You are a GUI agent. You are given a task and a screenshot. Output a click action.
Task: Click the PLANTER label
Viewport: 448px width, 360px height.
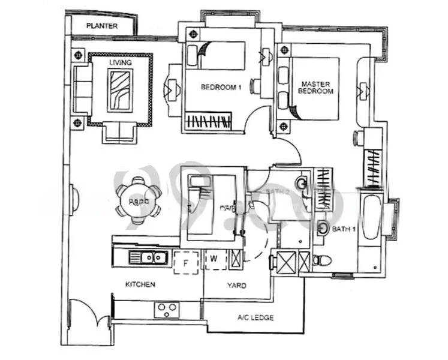(101, 26)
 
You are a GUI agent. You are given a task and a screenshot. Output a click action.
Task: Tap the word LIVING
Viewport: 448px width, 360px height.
(120, 62)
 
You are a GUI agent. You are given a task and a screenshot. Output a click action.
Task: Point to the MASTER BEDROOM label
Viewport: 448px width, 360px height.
(317, 88)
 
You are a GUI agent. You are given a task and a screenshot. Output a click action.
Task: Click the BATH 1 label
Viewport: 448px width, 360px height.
(342, 229)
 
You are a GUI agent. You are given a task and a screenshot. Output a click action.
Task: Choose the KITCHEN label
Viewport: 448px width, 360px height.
(140, 284)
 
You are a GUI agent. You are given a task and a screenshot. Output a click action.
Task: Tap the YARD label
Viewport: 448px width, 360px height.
(236, 286)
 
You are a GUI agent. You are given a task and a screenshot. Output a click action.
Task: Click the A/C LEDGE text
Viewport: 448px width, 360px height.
(256, 317)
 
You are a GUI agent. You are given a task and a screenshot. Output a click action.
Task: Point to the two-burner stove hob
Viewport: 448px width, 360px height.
(166, 309)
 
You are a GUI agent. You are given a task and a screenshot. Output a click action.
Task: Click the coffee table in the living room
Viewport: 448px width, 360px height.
(121, 90)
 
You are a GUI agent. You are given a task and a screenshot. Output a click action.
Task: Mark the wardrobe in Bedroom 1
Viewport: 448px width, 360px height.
(208, 120)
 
